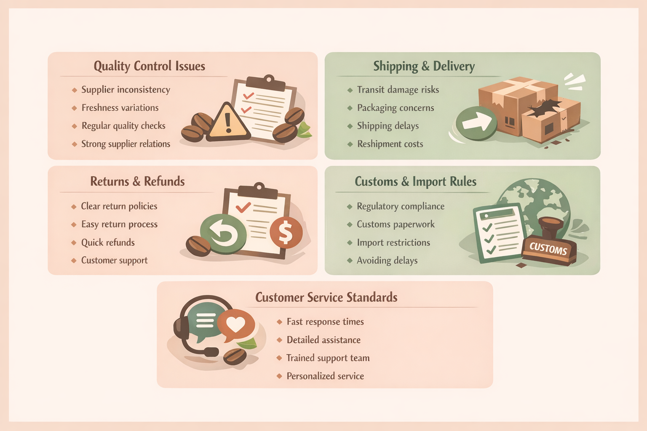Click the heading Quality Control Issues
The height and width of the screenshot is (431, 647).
(x=149, y=66)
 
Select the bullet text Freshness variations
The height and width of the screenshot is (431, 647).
(x=120, y=108)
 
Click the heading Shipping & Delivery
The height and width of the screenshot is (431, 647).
(x=424, y=66)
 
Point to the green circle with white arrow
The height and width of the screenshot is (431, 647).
(x=476, y=123)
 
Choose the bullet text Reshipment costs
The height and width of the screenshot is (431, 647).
(x=390, y=144)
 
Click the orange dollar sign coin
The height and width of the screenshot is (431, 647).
(x=286, y=233)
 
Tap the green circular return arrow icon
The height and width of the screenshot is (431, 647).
(x=223, y=234)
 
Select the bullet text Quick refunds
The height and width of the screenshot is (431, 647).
(x=108, y=242)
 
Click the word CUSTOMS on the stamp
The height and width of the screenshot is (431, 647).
(x=548, y=248)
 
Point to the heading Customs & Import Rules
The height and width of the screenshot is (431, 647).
(x=415, y=181)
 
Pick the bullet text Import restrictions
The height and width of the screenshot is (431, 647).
(x=393, y=242)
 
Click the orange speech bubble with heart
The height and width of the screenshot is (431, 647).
(x=236, y=325)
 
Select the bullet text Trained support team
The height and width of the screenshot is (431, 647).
(x=328, y=358)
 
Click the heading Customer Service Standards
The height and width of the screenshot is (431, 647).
(x=326, y=297)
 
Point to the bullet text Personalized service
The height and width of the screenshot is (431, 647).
(x=325, y=376)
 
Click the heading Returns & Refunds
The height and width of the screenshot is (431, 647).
(x=137, y=181)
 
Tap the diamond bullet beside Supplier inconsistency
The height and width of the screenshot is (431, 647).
(x=74, y=90)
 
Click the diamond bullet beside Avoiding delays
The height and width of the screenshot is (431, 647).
(x=350, y=261)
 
